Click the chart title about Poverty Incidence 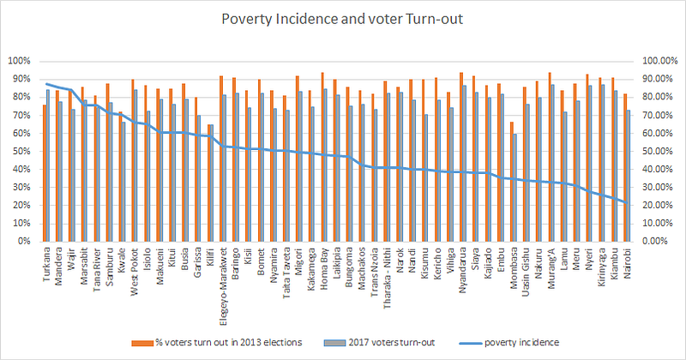click(343, 19)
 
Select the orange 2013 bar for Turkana click(44, 172)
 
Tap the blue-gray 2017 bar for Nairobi click(630, 176)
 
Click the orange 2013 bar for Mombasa click(512, 181)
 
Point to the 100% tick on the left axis click(20, 61)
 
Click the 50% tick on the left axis click(21, 151)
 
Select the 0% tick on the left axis click(25, 241)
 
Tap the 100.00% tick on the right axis click(655, 61)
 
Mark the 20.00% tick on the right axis click(657, 205)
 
